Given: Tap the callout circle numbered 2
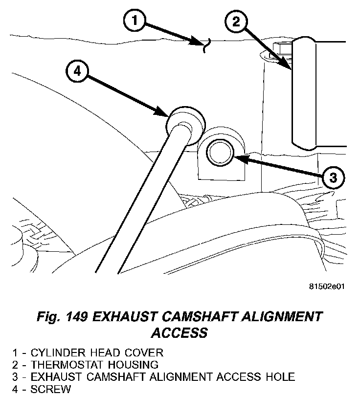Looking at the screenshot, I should point(236,21).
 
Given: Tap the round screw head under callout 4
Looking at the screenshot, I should point(184,120).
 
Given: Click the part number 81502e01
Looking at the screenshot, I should point(327,286).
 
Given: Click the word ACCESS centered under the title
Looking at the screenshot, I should point(179,334).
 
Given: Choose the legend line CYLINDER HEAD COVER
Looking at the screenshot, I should point(97,352).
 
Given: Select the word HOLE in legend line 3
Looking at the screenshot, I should point(277,377).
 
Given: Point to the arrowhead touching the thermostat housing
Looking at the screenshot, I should point(288,66).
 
